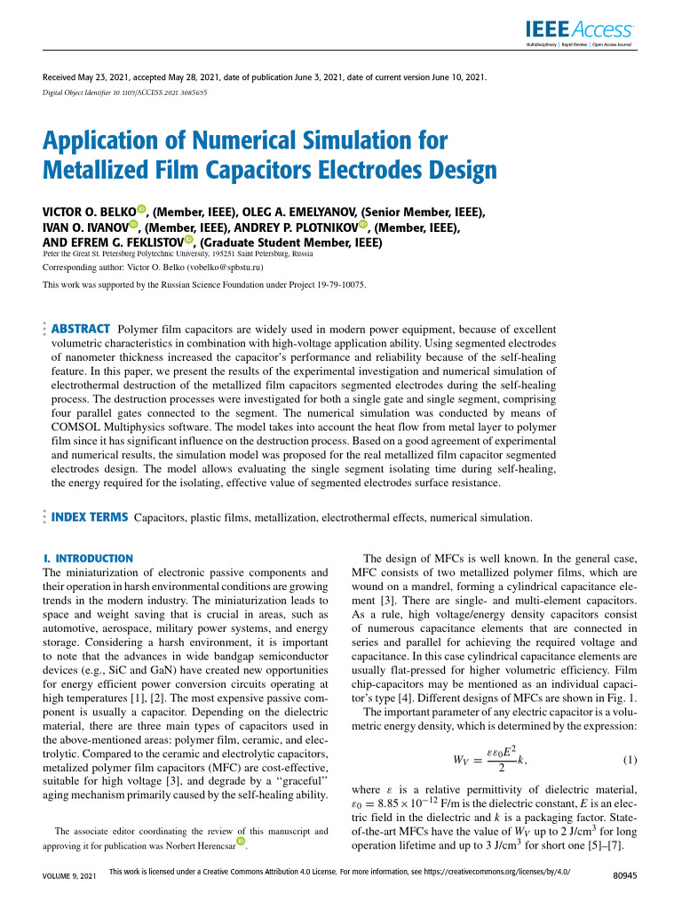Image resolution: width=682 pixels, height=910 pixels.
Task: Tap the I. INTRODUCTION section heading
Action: point(88,558)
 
